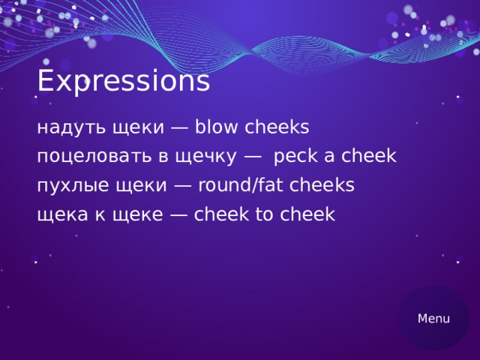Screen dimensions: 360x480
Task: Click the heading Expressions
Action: [123, 81]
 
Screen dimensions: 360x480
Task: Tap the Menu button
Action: [433, 318]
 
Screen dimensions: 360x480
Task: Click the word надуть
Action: [70, 128]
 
